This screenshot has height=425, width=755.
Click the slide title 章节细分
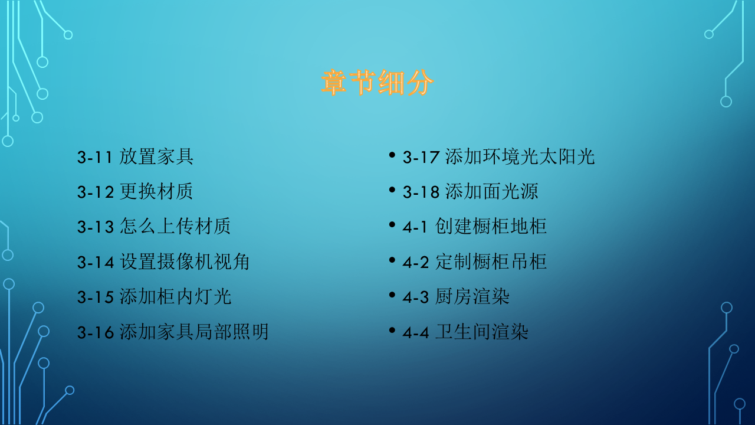click(x=377, y=83)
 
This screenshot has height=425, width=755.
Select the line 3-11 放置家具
click(x=135, y=157)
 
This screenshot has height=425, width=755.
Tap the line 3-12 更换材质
click(x=135, y=192)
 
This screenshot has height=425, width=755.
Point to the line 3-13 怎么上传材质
click(x=153, y=227)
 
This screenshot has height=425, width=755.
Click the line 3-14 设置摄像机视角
click(x=163, y=261)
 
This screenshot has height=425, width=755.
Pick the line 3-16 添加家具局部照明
click(x=173, y=332)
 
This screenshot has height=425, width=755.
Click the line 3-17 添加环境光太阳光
click(x=498, y=157)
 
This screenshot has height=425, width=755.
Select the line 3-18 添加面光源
click(x=470, y=192)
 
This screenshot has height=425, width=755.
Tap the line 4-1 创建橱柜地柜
click(x=475, y=227)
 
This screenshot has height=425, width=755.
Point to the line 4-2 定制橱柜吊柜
click(x=475, y=261)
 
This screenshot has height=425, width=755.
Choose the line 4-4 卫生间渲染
click(x=465, y=332)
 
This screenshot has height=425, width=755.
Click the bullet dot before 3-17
click(x=392, y=155)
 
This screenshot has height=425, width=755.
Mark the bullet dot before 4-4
click(x=392, y=330)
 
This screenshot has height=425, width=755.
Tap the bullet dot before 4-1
click(x=392, y=225)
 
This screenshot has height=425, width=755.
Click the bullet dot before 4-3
click(x=392, y=295)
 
